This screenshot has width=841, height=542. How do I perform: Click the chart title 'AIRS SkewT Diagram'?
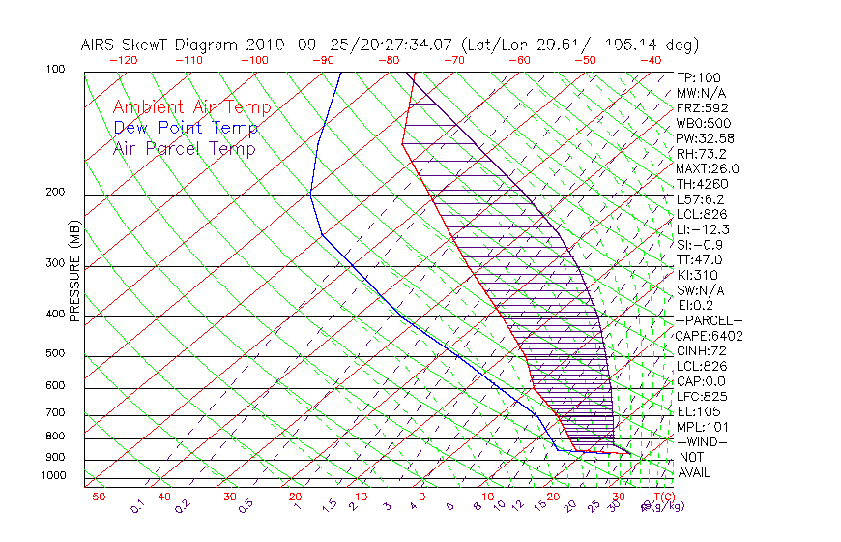[159, 45]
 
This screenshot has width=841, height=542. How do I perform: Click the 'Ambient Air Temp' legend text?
[191, 108]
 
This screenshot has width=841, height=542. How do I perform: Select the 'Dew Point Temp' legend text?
[185, 129]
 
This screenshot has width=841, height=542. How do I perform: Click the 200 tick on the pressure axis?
[55, 192]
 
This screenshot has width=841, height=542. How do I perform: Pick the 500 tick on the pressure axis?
[55, 354]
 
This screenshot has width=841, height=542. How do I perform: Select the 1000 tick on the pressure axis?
[53, 475]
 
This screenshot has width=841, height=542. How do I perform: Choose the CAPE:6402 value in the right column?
[710, 336]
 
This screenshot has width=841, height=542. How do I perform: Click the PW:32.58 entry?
[706, 137]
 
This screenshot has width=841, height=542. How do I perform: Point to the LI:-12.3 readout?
[703, 229]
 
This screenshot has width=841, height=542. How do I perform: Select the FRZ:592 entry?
[703, 107]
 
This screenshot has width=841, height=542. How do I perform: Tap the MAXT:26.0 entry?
[709, 168]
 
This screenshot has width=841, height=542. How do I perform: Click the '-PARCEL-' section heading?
[709, 320]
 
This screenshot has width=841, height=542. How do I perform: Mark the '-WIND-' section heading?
[703, 441]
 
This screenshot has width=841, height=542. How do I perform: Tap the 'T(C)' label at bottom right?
[660, 497]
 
